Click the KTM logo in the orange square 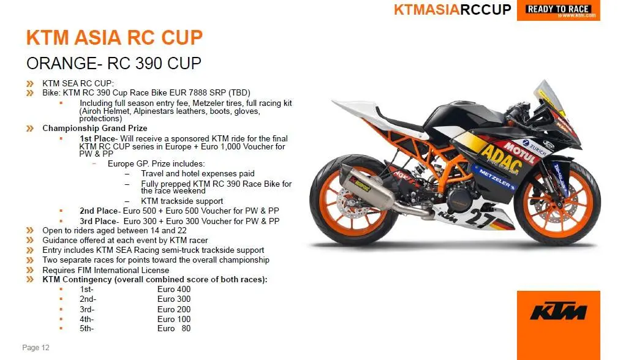pyautogui.click(x=558, y=311)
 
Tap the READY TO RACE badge pyautogui.click(x=559, y=10)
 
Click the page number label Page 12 pyautogui.click(x=36, y=348)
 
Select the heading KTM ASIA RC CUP pyautogui.click(x=115, y=37)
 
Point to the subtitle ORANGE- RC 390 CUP pyautogui.click(x=113, y=63)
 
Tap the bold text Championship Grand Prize pyautogui.click(x=94, y=128)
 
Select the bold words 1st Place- pyautogui.click(x=99, y=138)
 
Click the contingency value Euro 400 pyautogui.click(x=174, y=290)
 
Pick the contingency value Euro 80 pyautogui.click(x=174, y=329)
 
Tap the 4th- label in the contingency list pyautogui.click(x=86, y=319)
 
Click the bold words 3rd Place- pyautogui.click(x=99, y=221)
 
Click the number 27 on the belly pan pyautogui.click(x=480, y=219)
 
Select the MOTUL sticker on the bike pyautogui.click(x=520, y=152)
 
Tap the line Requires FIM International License pyautogui.click(x=105, y=270)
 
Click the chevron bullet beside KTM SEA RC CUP pyautogui.click(x=30, y=84)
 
